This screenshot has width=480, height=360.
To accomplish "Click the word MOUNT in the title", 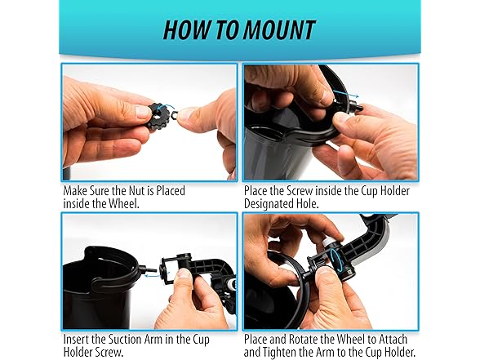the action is click(x=279, y=30).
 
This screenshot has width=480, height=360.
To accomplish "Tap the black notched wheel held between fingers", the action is click(x=160, y=116).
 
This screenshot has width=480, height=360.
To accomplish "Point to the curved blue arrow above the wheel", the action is click(x=165, y=107).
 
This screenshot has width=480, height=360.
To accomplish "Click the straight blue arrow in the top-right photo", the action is click(x=345, y=93).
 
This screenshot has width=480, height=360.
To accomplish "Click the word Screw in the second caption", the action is click(x=300, y=191).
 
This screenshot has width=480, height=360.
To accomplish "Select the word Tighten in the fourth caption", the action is click(x=282, y=352).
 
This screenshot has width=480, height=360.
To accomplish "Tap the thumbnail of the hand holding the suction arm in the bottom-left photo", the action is click(x=184, y=273).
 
